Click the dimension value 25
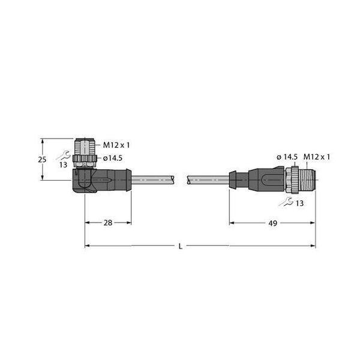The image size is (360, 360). (41, 160)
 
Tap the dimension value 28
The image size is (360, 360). (108, 223)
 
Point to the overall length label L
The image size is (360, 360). (181, 245)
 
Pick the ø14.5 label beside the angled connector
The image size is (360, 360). (114, 158)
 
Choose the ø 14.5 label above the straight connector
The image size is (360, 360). (287, 157)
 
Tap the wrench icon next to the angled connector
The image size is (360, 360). (63, 156)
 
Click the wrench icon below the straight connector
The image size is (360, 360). (288, 202)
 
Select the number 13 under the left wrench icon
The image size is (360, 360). (62, 166)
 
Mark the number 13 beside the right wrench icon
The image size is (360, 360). (300, 204)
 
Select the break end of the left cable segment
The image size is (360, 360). (173, 179)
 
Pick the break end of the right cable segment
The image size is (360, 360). (190, 179)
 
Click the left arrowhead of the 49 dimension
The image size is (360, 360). (232, 223)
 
